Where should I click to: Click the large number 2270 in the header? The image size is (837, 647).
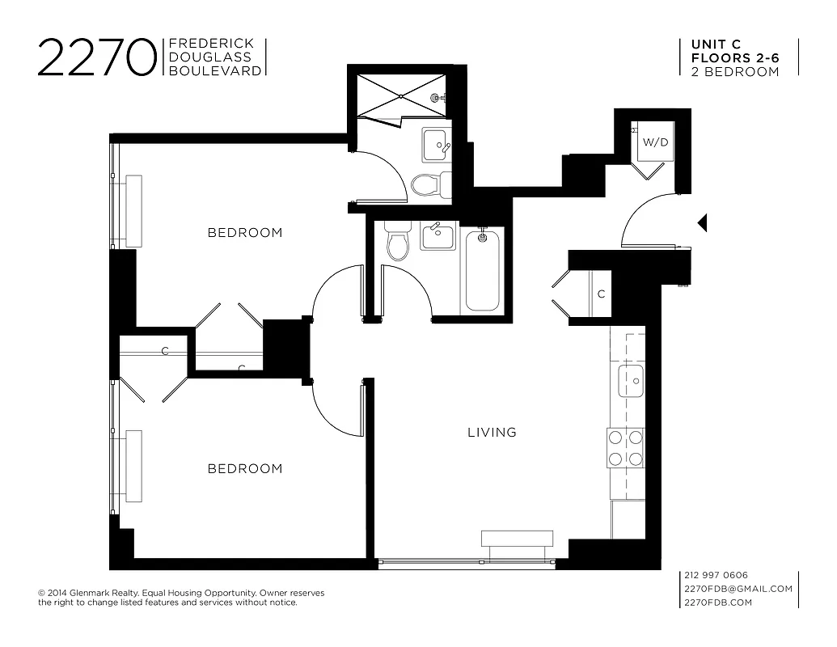(x=97, y=57)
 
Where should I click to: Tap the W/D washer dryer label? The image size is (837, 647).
(x=655, y=142)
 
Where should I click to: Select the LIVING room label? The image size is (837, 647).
(x=492, y=433)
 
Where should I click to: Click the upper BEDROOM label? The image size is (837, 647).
(x=245, y=233)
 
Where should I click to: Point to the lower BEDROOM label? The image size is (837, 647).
(x=245, y=469)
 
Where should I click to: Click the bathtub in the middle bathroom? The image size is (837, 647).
(x=483, y=269)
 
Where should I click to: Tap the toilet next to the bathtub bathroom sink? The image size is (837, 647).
(x=398, y=243)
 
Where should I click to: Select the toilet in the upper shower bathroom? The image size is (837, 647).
(x=426, y=185)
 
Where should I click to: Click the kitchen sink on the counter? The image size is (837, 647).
(x=631, y=381)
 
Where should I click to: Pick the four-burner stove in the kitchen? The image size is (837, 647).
(x=625, y=448)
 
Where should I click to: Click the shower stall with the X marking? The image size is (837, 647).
(x=401, y=96)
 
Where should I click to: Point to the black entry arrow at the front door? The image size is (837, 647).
(x=703, y=222)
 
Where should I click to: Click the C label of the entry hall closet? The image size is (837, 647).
(x=601, y=294)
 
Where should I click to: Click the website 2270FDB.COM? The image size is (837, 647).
(x=718, y=603)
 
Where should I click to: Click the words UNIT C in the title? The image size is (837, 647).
(x=716, y=44)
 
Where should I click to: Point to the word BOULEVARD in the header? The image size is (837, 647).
(x=214, y=71)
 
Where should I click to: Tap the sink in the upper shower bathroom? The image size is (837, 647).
(x=437, y=146)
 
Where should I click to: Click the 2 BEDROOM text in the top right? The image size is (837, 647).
(x=735, y=71)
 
